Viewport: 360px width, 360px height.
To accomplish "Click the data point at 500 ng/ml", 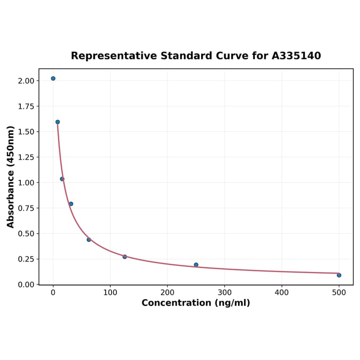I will tap(339, 275).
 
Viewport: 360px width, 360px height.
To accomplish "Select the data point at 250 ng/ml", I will tap(196, 265).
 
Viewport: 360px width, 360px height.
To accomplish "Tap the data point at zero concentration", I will tap(53, 78).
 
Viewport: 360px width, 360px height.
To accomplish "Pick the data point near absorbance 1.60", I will tap(57, 122).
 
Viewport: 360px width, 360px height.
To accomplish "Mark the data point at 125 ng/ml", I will tap(125, 257).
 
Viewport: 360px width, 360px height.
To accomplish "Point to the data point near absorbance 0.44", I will tap(89, 240).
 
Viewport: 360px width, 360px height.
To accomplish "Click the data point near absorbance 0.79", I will tap(71, 204).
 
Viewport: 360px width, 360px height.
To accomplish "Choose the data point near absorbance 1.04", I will tap(62, 179).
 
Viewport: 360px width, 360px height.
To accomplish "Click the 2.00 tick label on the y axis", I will tap(26, 81).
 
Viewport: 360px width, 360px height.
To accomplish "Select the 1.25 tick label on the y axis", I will tap(26, 157).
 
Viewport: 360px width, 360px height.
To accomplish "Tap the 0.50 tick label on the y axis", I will tap(26, 234).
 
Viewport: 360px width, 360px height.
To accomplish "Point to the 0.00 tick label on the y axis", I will tap(26, 285).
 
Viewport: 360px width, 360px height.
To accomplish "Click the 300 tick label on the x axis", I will tap(225, 293).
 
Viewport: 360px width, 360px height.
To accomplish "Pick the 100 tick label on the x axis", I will tap(110, 293).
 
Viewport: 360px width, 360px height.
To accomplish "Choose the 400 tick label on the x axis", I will tap(282, 293).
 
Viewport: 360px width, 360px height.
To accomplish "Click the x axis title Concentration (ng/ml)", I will tap(196, 303).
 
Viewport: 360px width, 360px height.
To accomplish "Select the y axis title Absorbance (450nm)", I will tap(10, 177).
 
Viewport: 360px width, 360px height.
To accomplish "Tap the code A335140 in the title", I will tap(296, 56).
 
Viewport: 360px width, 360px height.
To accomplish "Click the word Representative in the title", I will tap(114, 56).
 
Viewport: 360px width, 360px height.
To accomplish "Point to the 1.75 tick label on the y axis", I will tap(26, 106).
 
